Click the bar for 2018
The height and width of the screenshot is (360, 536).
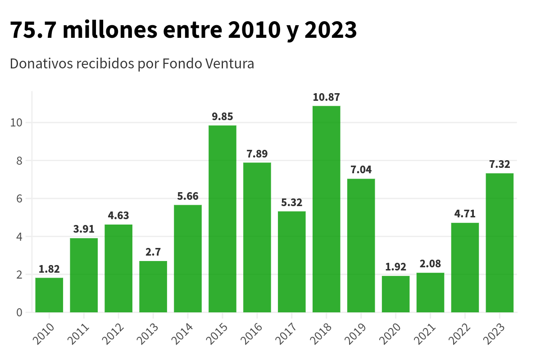click(x=326, y=209)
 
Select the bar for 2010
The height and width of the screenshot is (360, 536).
click(x=49, y=295)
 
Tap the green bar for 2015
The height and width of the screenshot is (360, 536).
click(x=222, y=219)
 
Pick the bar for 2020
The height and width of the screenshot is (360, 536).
click(x=395, y=294)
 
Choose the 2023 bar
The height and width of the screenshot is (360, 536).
click(x=500, y=243)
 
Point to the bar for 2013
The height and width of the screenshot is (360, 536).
click(x=153, y=286)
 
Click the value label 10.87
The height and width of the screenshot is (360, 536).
click(x=326, y=97)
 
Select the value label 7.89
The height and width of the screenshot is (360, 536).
click(x=257, y=154)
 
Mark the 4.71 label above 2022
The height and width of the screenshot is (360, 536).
click(x=465, y=214)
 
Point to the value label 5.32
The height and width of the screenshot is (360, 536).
click(x=291, y=202)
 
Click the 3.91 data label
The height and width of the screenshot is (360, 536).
click(x=84, y=229)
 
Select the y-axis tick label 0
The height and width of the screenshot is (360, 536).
click(x=19, y=312)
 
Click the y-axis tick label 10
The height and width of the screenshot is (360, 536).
click(x=16, y=122)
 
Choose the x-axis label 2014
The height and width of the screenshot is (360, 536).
click(x=184, y=333)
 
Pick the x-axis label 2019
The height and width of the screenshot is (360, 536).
click(x=358, y=333)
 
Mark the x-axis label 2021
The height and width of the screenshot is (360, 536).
click(x=427, y=333)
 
